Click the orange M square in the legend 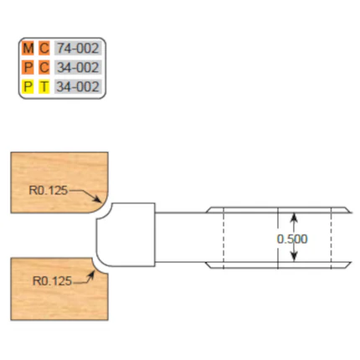(28, 49)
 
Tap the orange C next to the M (44, 49)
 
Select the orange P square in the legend (28, 68)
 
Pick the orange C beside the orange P (44, 68)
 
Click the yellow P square (28, 86)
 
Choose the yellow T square (44, 86)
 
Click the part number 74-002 (78, 49)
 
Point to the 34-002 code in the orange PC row (78, 68)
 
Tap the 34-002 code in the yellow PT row (78, 86)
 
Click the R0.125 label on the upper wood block (49, 190)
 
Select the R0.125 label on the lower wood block (52, 280)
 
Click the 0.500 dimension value (292, 239)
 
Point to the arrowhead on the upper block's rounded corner (97, 198)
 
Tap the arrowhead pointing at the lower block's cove (90, 275)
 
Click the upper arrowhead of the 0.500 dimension (293, 218)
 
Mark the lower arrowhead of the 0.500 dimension (293, 256)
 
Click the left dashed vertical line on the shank (224, 238)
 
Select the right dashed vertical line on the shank (331, 238)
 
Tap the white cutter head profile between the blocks (126, 234)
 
